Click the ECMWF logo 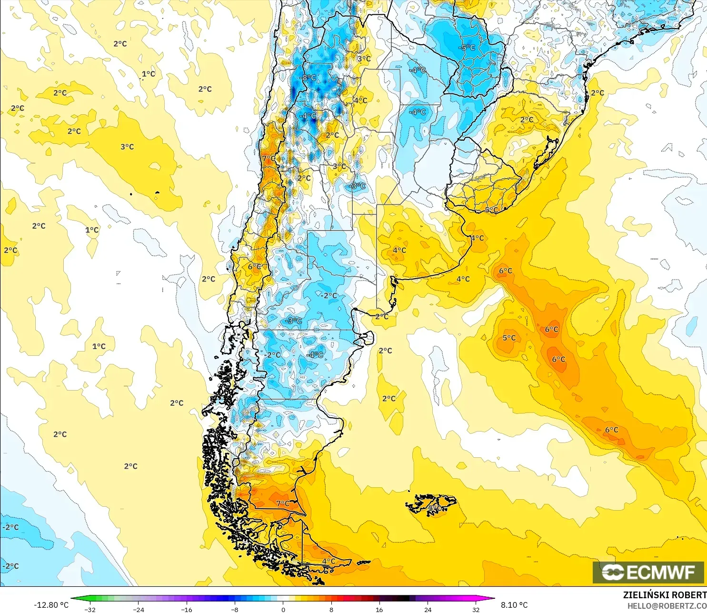tap(648, 572)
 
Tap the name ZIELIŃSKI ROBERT tap(665, 595)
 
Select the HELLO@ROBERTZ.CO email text tap(667, 606)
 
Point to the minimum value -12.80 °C tap(51, 605)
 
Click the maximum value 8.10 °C tap(514, 605)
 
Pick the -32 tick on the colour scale tap(90, 609)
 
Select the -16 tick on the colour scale tap(187, 609)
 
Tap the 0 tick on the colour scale tap(283, 609)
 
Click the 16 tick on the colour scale tap(379, 609)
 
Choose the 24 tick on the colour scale tap(428, 609)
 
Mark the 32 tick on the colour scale tap(476, 609)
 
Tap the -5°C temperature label tap(467, 48)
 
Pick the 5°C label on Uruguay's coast tap(491, 210)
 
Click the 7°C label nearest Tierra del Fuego tap(283, 503)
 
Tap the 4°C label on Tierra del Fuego tap(329, 561)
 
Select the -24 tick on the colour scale tap(138, 609)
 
